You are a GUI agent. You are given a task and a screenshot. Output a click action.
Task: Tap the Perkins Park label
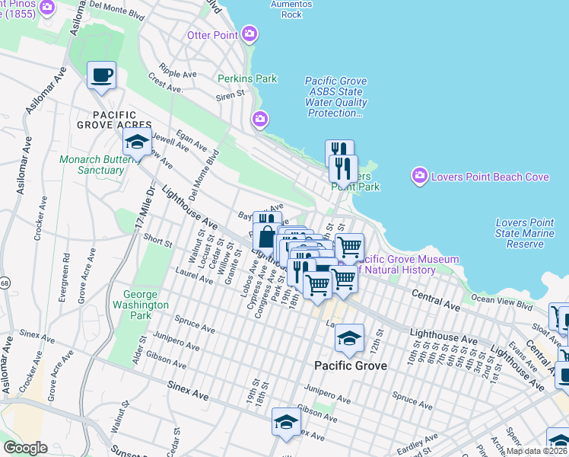click(247, 78)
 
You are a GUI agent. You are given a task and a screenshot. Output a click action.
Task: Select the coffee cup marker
click(101, 75)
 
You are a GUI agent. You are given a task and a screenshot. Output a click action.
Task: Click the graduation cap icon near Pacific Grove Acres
click(137, 141)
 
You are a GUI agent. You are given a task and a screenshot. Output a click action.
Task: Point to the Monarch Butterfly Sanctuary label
click(91, 165)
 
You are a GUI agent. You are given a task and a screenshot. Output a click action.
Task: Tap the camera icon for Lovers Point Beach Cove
click(419, 177)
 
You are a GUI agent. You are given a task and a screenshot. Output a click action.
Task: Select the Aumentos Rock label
click(291, 8)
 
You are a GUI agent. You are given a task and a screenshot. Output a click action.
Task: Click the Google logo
click(25, 448)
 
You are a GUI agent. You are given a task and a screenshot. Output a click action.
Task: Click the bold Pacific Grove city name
click(351, 366)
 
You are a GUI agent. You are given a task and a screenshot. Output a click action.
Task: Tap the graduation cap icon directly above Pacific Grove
click(350, 336)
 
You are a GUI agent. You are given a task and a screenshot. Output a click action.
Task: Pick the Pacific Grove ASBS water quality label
click(336, 97)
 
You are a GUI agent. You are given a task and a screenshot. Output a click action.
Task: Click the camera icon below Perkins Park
click(259, 119)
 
